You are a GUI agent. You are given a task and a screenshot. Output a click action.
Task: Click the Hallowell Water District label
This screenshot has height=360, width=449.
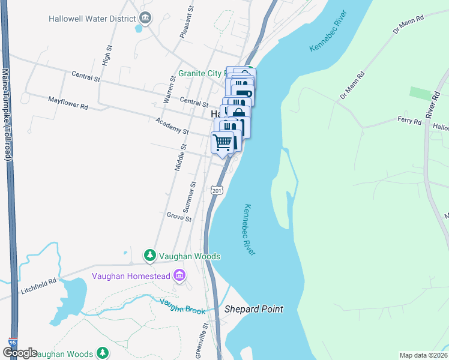click(x=92, y=18)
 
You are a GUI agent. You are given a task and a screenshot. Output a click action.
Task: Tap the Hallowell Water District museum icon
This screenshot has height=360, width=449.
click(x=144, y=18)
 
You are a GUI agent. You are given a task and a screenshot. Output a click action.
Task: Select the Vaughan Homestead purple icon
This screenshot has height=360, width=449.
click(x=179, y=275)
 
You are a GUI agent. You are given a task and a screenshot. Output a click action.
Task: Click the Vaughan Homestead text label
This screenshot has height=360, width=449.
click(x=131, y=276)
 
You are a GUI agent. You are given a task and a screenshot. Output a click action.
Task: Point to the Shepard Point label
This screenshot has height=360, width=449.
click(x=253, y=310)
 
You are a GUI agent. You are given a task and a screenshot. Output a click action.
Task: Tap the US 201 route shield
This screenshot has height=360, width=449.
click(x=217, y=190)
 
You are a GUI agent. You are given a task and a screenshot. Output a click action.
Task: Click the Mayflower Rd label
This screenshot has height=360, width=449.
click(x=68, y=103)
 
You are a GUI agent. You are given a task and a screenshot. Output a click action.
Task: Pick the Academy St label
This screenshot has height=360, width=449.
click(x=172, y=126)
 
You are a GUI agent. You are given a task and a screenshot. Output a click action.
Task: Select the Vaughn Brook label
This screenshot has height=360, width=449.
click(x=182, y=306)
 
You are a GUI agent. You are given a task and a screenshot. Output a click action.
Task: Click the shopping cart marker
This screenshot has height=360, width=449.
click(x=223, y=143)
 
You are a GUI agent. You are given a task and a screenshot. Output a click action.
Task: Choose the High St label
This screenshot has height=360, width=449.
click(x=107, y=57)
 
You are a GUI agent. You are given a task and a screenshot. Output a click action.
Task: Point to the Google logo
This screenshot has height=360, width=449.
click(x=20, y=353)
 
